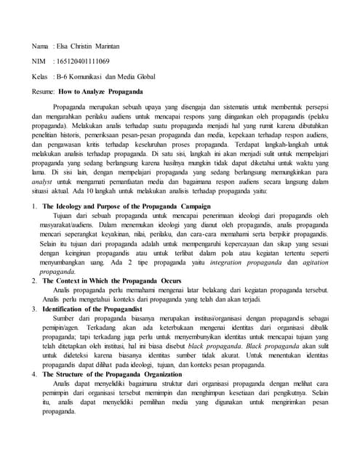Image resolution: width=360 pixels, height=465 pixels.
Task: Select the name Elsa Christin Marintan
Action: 88,45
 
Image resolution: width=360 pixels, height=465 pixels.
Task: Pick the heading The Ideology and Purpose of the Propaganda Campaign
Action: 127,187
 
